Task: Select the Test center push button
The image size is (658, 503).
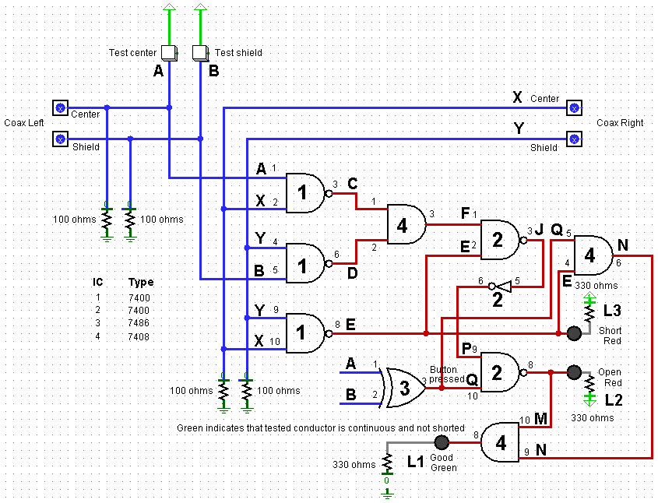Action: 169,53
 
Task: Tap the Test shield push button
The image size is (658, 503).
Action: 200,53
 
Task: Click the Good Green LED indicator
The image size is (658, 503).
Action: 442,442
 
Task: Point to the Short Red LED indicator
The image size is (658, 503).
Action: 574,333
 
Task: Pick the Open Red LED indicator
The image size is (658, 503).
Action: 574,371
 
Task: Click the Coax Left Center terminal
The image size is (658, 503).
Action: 60,107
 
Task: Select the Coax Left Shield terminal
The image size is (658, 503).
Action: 60,139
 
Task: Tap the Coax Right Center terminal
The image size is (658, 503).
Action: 574,107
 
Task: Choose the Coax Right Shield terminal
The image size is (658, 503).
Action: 574,139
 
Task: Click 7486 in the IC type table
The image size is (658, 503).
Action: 140,322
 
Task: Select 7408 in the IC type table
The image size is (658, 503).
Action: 140,336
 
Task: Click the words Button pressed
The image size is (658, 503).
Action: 448,375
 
